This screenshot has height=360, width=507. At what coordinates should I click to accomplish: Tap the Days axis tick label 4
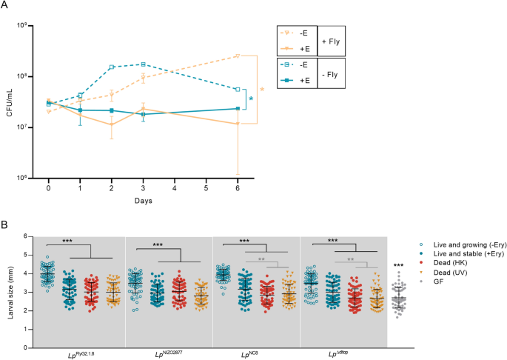(175, 188)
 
